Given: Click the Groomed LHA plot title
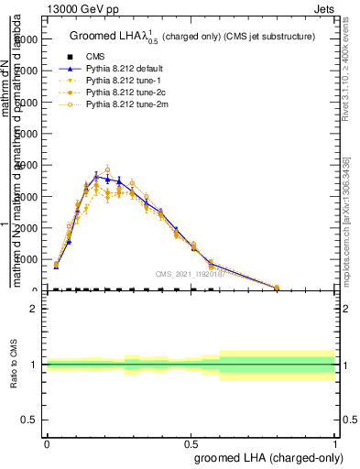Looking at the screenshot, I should click(192, 37).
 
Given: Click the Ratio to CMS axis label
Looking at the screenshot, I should click(14, 365).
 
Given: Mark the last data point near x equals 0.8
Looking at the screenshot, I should click(277, 287).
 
